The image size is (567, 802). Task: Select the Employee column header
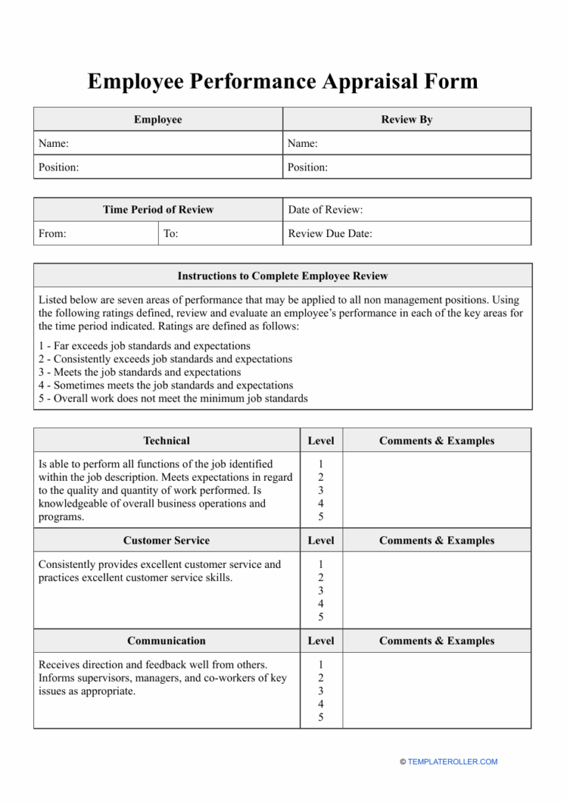coord(158,120)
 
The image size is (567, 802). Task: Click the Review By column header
coord(407,120)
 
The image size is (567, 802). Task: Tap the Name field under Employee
coord(158,143)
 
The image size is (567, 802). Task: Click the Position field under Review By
coord(407,167)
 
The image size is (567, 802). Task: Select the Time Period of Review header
coord(158,210)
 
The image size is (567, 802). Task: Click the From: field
coord(95,233)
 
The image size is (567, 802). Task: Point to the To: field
coord(220,233)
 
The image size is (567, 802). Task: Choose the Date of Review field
coord(407,210)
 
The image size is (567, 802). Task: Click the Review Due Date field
coord(407,233)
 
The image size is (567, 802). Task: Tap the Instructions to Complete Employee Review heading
coord(282,276)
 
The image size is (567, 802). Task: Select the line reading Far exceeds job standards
coord(144,346)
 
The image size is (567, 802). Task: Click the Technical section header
coord(166,441)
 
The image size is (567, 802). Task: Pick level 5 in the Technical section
coord(320,517)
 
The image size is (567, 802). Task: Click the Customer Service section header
coord(166,541)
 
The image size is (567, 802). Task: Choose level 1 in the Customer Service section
coord(320,564)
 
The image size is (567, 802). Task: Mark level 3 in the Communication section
coord(320,691)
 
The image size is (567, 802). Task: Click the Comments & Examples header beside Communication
coord(436,641)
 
